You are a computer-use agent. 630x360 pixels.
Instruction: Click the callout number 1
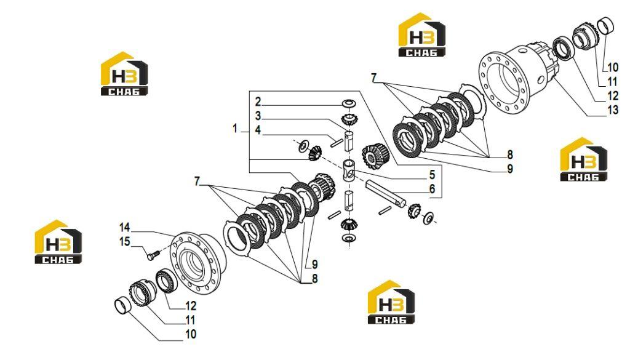[x=235, y=129]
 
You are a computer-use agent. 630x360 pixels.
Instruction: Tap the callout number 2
[x=258, y=102]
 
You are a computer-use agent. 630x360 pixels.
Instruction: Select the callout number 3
[x=258, y=116]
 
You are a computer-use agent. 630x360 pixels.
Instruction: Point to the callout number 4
[x=258, y=130]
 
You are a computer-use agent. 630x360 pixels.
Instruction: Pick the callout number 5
[x=432, y=174]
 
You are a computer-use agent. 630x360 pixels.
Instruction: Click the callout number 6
[x=432, y=188]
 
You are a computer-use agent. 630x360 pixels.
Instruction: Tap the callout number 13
[x=612, y=110]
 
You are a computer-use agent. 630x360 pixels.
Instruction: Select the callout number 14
[x=124, y=228]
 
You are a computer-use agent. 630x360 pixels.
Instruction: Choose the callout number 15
[x=124, y=241]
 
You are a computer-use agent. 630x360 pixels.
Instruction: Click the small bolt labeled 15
[x=153, y=255]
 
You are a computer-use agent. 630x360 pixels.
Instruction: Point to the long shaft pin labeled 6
[x=386, y=194]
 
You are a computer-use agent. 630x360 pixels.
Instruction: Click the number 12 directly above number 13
[x=612, y=95]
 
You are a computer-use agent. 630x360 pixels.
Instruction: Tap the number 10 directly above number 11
[x=612, y=68]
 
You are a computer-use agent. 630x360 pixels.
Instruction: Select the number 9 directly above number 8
[x=314, y=265]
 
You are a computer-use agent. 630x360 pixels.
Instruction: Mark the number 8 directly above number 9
[x=510, y=154]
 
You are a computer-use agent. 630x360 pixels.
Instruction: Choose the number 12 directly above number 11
[x=191, y=306]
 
